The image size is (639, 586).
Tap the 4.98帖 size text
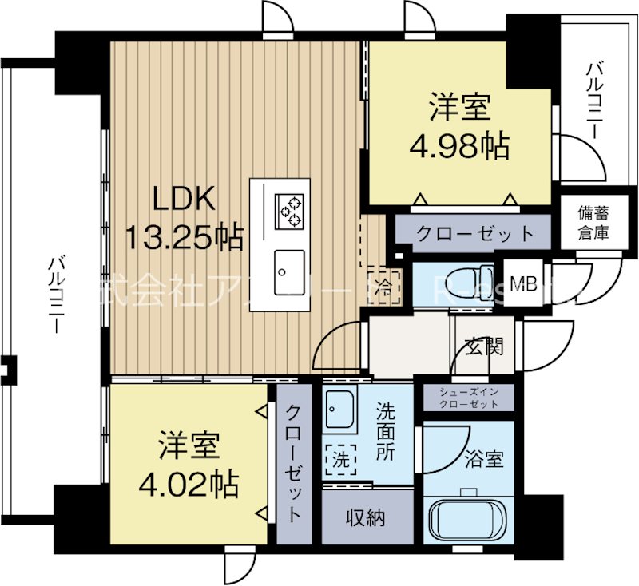click(459, 145)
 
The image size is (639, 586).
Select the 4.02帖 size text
click(189, 483)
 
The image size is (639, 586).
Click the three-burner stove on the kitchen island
click(289, 209)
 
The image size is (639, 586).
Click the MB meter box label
click(523, 283)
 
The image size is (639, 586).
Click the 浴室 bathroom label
click(483, 459)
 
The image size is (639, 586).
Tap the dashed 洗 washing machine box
click(342, 460)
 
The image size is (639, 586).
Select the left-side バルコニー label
click(56, 295)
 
